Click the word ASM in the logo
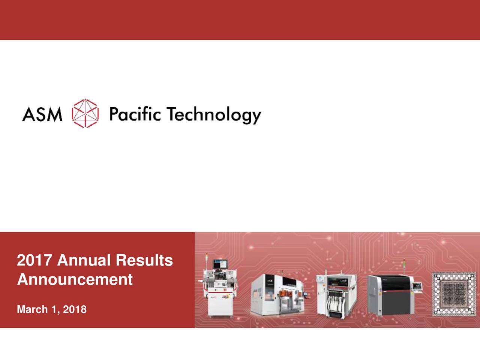(42, 114)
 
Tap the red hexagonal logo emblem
(85, 113)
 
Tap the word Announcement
(75, 279)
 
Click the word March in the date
(32, 309)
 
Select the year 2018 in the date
(75, 309)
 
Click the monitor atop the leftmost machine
(220, 265)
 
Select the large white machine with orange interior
(277, 296)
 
